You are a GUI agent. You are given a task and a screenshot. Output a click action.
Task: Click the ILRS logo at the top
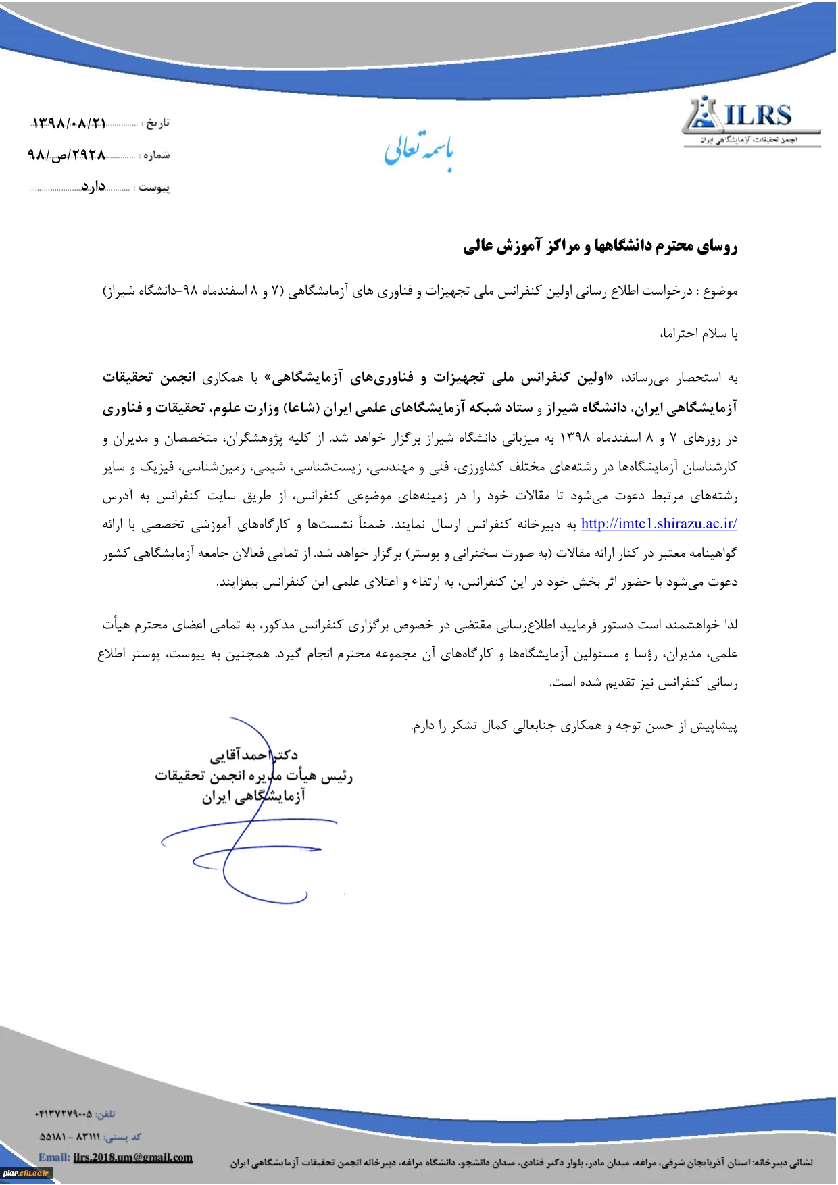(x=751, y=122)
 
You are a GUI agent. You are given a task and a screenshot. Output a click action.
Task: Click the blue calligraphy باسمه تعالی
(x=419, y=150)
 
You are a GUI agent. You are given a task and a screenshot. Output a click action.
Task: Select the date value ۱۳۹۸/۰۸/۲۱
(x=70, y=124)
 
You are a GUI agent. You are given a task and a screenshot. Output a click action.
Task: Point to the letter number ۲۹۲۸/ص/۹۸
(x=67, y=155)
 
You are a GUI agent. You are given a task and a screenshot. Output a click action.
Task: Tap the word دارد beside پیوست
(x=93, y=186)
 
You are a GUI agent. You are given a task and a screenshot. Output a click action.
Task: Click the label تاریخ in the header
(x=157, y=123)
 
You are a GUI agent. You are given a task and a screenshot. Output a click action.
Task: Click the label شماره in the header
(x=156, y=155)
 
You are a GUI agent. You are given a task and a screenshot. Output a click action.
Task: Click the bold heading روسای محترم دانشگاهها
(x=599, y=246)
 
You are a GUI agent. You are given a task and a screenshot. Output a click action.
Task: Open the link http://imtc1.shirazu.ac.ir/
(x=658, y=524)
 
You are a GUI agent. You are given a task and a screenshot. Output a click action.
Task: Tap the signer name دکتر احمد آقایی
(x=253, y=755)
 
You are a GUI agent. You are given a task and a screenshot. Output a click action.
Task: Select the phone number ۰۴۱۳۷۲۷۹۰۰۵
(x=64, y=1114)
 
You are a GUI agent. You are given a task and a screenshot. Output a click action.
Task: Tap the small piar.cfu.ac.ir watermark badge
(x=26, y=1173)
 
